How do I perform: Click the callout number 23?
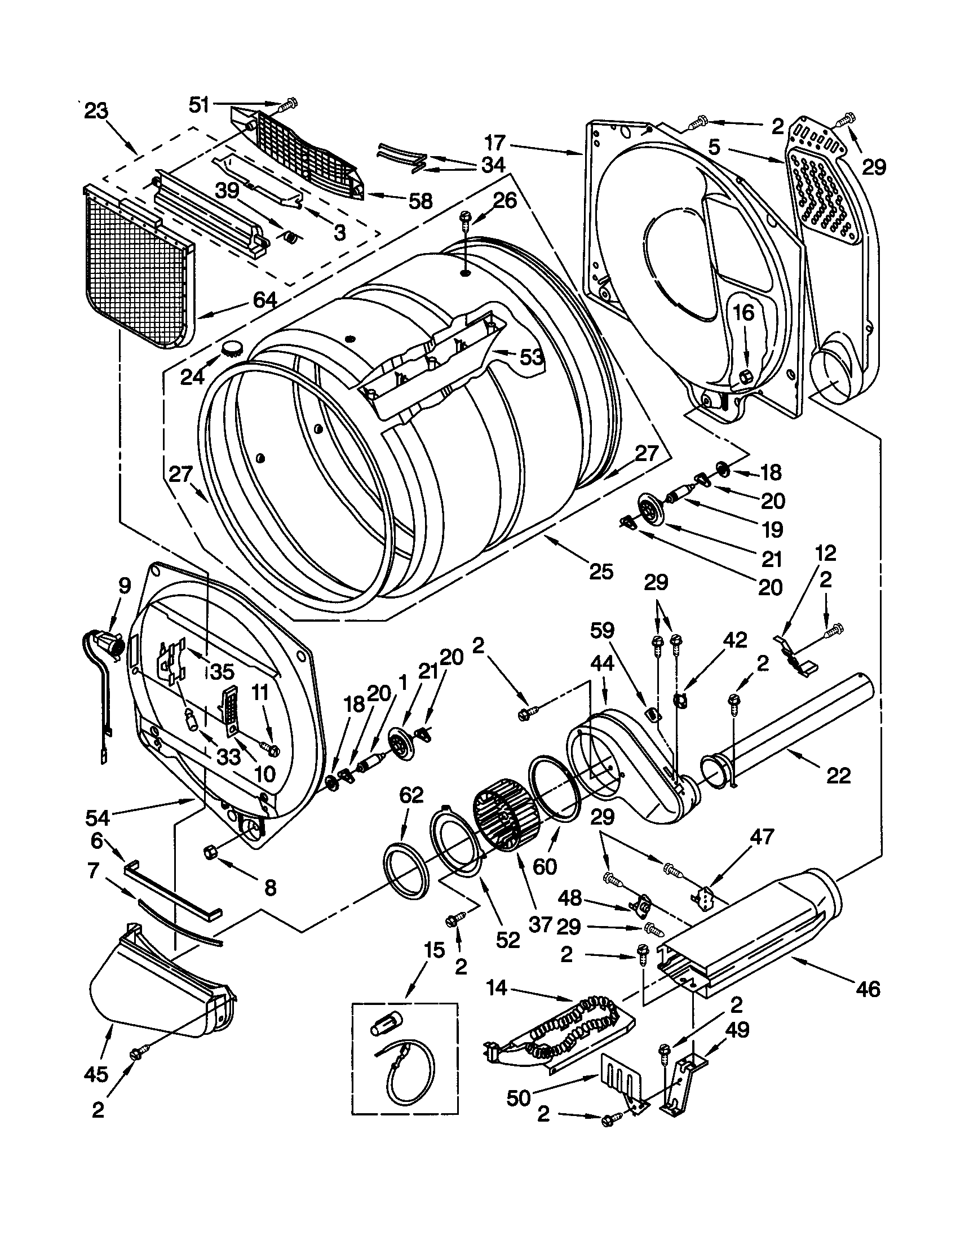point(95,111)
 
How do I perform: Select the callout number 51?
point(200,104)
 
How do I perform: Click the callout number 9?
point(125,585)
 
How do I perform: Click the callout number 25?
point(601,571)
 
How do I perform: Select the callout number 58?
point(421,201)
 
